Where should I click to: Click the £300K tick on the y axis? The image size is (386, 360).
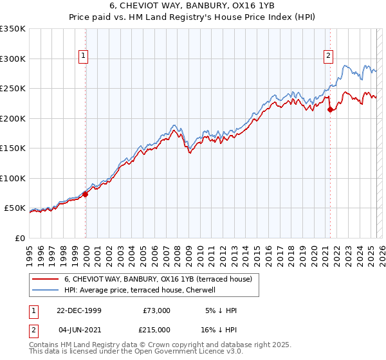(12, 59)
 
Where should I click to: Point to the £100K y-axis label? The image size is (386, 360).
(12, 178)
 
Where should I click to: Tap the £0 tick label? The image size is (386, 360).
(20, 238)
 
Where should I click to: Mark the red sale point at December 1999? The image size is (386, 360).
(86, 194)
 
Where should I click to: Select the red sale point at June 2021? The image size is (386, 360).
(330, 109)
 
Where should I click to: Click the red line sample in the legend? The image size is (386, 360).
(46, 279)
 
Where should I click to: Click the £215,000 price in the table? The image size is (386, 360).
(156, 330)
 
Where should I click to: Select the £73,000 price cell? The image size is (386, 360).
(156, 310)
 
